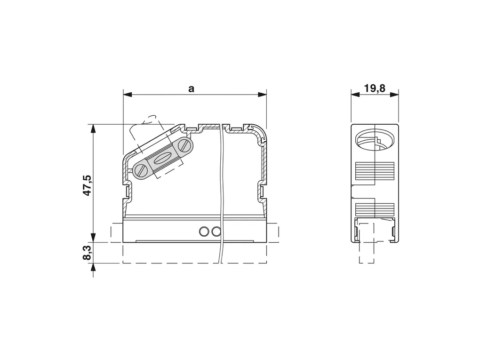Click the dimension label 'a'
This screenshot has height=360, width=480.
coord(192,89)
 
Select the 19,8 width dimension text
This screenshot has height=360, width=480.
coord(375,88)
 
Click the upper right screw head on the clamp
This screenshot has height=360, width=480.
coord(184,145)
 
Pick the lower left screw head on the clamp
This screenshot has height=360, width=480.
coord(141,170)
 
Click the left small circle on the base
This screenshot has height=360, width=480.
coord(204,232)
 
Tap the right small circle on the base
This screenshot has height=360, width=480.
coord(216,232)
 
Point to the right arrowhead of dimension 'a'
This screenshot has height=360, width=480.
coord(262,95)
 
